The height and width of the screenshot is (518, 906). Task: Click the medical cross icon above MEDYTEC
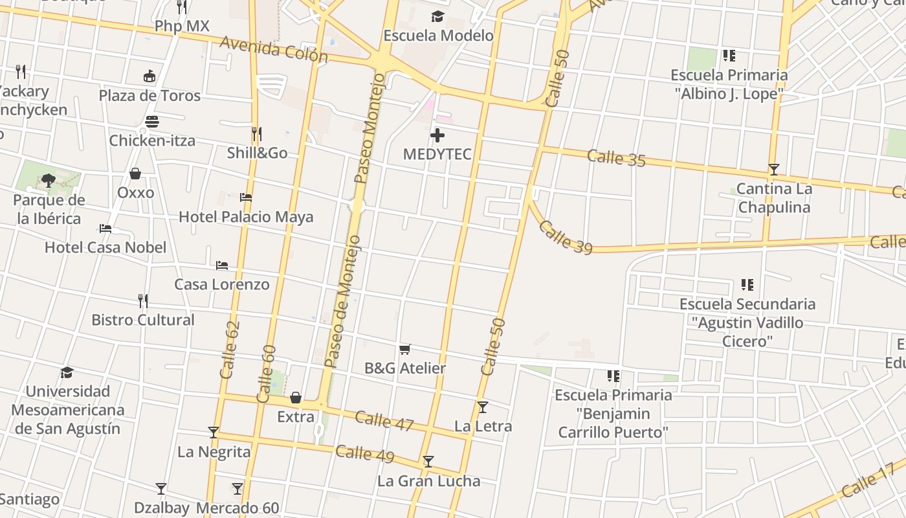coord(437,135)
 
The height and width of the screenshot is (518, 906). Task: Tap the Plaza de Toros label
coord(149,95)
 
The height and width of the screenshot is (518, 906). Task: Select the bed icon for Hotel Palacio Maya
coord(246,197)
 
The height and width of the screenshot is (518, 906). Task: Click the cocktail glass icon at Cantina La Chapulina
coord(773,170)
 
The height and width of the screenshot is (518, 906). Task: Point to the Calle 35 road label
coord(616,157)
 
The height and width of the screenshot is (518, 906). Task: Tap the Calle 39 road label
coord(565,238)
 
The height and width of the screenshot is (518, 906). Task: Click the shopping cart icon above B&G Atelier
coord(405,350)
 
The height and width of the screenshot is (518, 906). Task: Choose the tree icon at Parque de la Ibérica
coord(48,180)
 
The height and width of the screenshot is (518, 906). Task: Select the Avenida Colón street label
coord(273,49)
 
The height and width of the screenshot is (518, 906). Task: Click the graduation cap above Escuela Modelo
coord(438,16)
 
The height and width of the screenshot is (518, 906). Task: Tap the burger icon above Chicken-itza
coord(152,122)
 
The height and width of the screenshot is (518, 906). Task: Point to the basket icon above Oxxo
coord(135,174)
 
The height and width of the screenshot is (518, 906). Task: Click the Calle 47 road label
coord(384,420)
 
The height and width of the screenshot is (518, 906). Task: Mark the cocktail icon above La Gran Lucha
coord(428,462)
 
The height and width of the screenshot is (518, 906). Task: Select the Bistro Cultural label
coord(142,320)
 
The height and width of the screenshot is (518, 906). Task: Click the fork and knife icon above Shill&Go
coord(257,134)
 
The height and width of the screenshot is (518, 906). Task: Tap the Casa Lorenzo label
coord(221,284)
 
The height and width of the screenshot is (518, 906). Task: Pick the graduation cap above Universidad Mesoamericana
coord(67,372)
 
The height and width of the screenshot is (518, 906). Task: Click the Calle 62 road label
coord(230,350)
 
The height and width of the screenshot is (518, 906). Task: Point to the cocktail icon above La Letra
coord(482,407)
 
